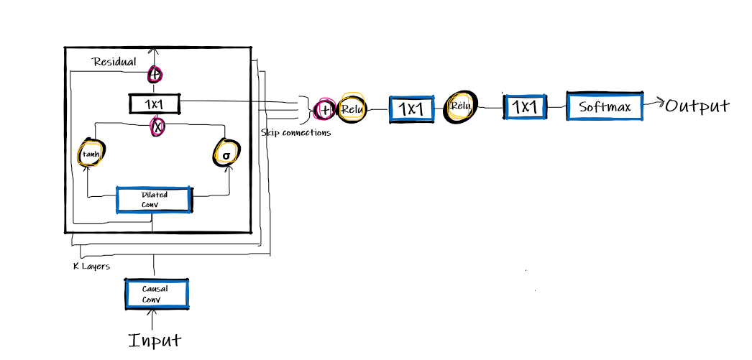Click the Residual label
pyautogui.click(x=114, y=62)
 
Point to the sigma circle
pyautogui.click(x=226, y=154)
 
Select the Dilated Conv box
pyautogui.click(x=155, y=200)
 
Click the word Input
pyautogui.click(x=155, y=339)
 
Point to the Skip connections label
pyautogui.click(x=296, y=133)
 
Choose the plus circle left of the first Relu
pyautogui.click(x=325, y=110)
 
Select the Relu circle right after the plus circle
pyautogui.click(x=352, y=109)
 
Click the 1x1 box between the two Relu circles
pyautogui.click(x=412, y=109)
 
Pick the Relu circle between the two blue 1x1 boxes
pyautogui.click(x=460, y=107)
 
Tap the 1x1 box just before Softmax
pyautogui.click(x=525, y=107)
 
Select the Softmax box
pyautogui.click(x=605, y=107)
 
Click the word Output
pyautogui.click(x=697, y=106)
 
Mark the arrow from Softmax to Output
pyautogui.click(x=654, y=105)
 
